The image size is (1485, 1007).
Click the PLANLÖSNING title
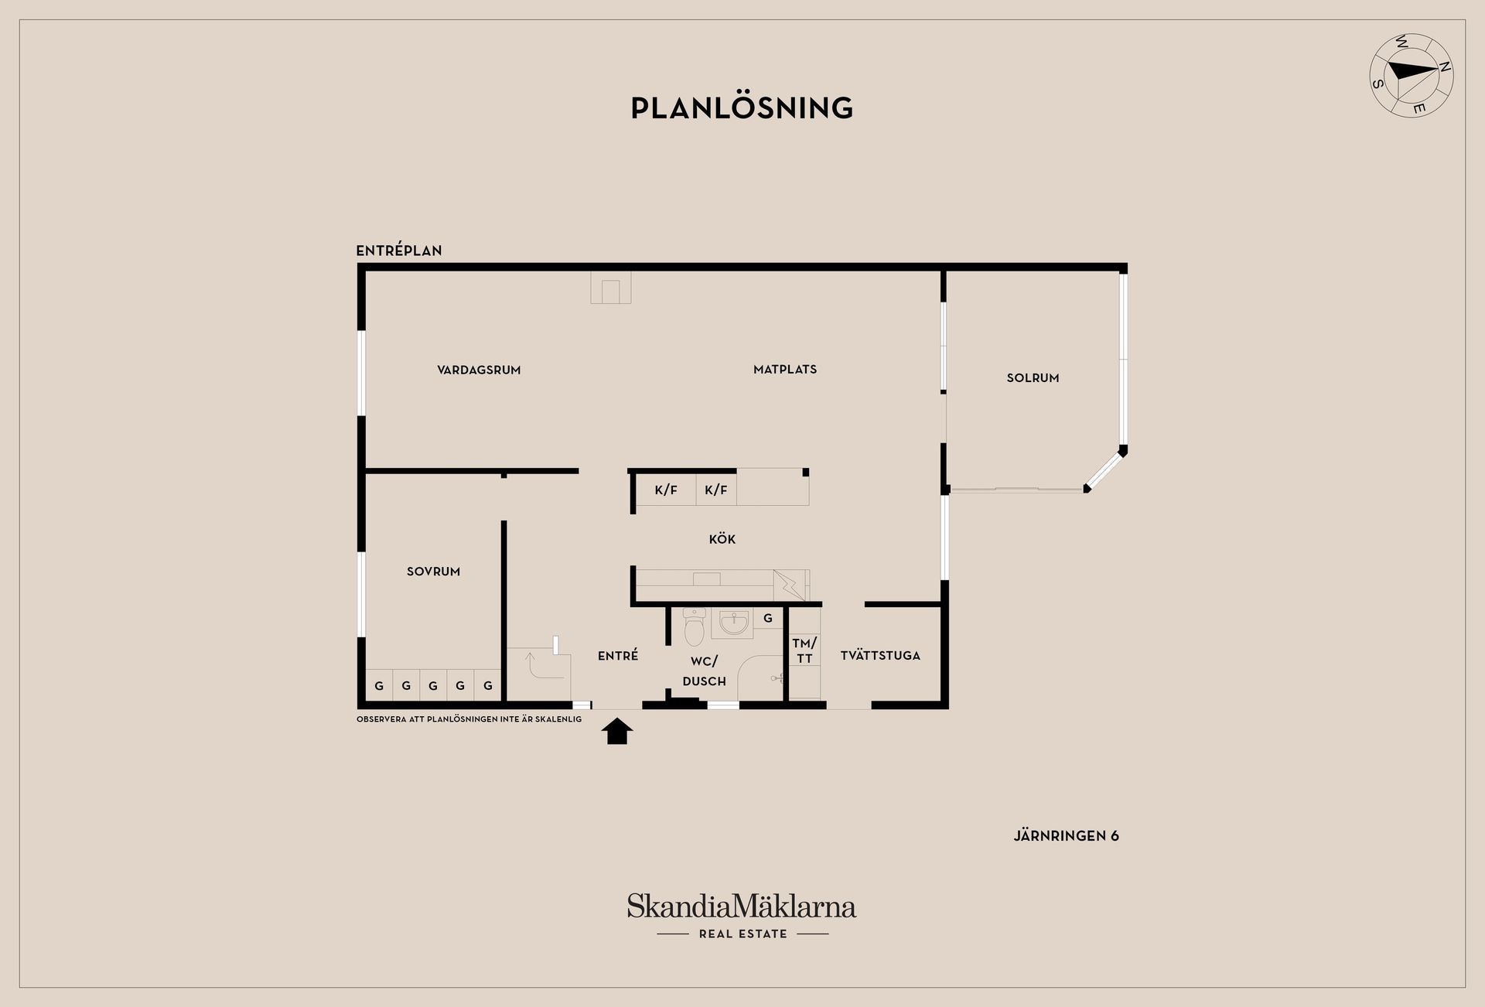[742, 108]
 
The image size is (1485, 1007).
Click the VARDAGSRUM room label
[479, 370]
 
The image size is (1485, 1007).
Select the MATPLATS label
[785, 370]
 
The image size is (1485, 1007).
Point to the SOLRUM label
[1033, 378]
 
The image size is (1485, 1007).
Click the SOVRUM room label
[433, 572]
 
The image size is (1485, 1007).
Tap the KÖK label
[722, 539]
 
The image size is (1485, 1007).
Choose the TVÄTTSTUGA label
[880, 656]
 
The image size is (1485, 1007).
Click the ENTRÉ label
[618, 656]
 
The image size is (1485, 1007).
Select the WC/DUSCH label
[704, 671]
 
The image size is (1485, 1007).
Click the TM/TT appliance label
[804, 650]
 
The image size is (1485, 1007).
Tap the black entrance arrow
[617, 731]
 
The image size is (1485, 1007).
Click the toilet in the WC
[695, 627]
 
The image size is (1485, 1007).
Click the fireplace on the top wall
[610, 287]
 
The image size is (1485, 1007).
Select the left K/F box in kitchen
[665, 490]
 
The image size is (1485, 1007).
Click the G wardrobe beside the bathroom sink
[768, 618]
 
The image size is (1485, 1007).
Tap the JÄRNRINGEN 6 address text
[1066, 836]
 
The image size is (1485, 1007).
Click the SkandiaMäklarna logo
[742, 907]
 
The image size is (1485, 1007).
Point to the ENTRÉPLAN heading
[399, 251]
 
